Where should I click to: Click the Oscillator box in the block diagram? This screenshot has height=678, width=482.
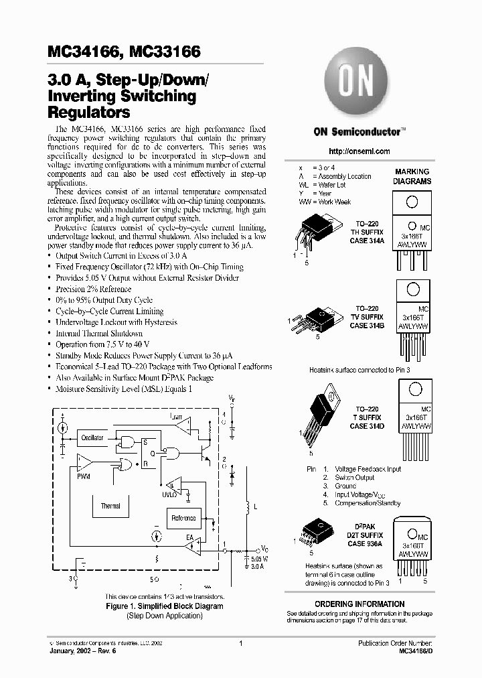point(92,437)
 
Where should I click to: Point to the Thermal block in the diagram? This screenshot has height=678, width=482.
point(110,506)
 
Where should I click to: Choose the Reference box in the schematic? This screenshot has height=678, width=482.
point(183,518)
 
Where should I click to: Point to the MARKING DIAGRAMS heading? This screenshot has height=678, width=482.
point(412,176)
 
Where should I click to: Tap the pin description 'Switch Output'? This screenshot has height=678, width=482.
point(354,478)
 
